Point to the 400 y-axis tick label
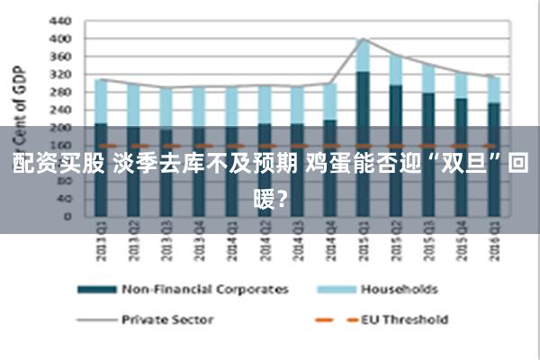60,39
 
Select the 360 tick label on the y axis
60,56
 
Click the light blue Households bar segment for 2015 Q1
363,56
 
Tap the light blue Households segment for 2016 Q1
493,89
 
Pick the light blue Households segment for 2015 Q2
395,70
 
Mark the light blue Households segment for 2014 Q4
329,102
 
